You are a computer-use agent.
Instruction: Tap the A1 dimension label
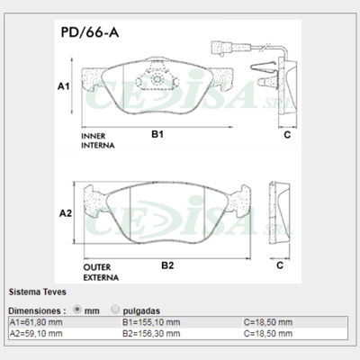pyautogui.click(x=64, y=87)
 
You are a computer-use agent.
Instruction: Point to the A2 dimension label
pyautogui.click(x=65, y=213)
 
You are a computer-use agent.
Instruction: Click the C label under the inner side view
pyautogui.click(x=285, y=135)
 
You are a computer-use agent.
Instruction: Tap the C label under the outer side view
pyautogui.click(x=280, y=266)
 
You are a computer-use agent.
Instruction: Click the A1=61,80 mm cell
pyautogui.click(x=36, y=321)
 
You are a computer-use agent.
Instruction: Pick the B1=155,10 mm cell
pyautogui.click(x=150, y=321)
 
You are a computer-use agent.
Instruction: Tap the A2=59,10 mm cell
pyautogui.click(x=36, y=332)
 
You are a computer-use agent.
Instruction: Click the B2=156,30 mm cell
pyautogui.click(x=150, y=332)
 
